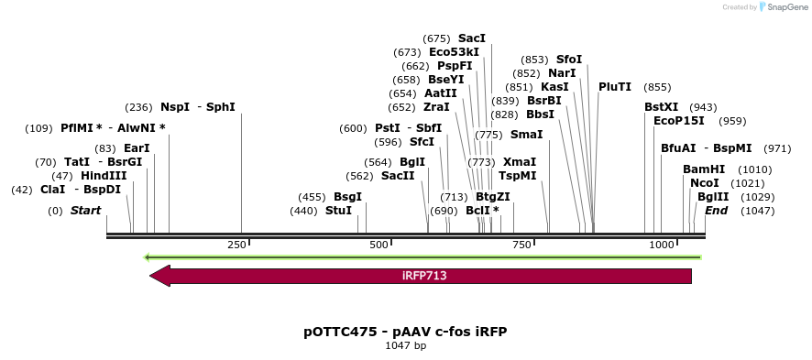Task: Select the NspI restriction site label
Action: [x=175, y=107]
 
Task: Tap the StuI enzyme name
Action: [x=338, y=211]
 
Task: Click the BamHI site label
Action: [x=704, y=169]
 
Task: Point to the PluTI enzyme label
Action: [x=615, y=87]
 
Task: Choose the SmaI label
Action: [x=526, y=135]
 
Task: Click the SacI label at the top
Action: [x=472, y=38]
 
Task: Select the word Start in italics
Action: [x=85, y=211]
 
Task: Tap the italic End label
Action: [x=716, y=211]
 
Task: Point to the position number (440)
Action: [x=303, y=211]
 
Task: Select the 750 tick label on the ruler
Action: [x=522, y=245]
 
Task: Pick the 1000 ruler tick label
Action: [x=662, y=245]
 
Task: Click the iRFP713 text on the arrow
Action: [x=424, y=276]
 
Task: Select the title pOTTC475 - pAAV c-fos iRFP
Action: [x=405, y=332]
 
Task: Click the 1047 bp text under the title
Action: [x=405, y=346]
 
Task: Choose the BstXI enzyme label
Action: [x=661, y=107]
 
